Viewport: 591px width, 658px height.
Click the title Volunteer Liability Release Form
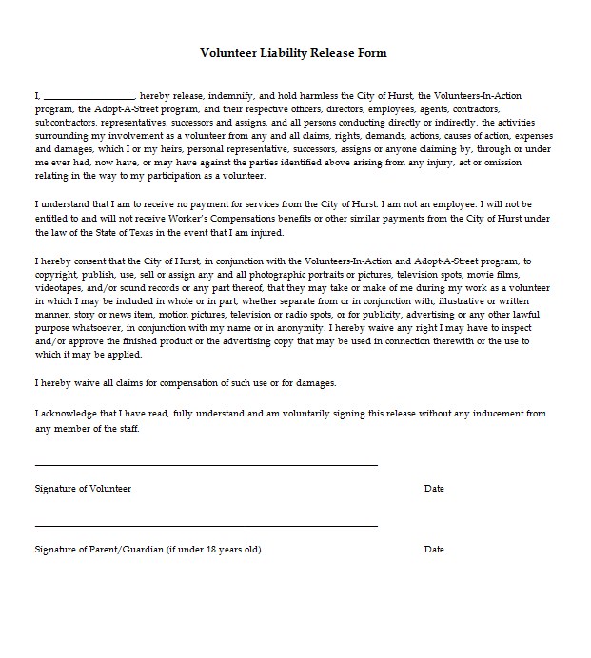[x=292, y=53]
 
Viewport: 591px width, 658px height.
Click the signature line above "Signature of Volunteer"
[x=206, y=465]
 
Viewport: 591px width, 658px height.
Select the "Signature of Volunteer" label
[x=83, y=489]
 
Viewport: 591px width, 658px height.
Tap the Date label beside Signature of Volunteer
[x=434, y=489]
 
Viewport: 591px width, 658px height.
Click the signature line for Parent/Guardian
[x=206, y=525]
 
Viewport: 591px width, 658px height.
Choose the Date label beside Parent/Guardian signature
[x=434, y=550]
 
